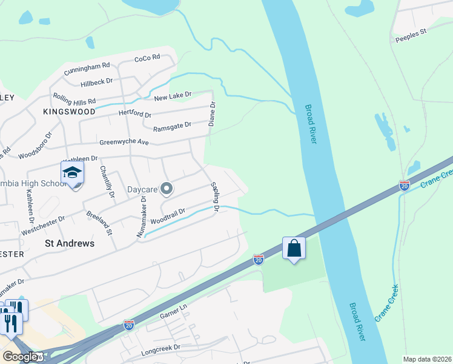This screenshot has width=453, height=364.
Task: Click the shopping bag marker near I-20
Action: click(x=294, y=248)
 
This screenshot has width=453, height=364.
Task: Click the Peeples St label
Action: click(x=411, y=39)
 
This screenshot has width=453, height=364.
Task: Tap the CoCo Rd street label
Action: click(x=147, y=58)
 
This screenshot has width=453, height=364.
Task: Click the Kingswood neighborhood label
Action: click(x=69, y=112)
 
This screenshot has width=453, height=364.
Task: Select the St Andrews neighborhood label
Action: click(x=70, y=243)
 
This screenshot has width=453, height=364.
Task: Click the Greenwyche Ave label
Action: click(x=125, y=142)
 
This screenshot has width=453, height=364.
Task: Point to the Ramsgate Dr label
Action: click(x=172, y=124)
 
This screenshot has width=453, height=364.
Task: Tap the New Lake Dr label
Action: click(x=173, y=96)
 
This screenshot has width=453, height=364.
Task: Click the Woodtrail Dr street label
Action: click(x=167, y=215)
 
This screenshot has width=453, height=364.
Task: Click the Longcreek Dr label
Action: click(x=160, y=348)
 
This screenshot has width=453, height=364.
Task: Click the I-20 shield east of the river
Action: click(x=404, y=184)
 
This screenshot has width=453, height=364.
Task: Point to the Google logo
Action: click(x=19, y=357)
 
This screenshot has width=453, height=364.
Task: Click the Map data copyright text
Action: click(x=427, y=359)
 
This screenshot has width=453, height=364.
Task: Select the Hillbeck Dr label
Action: click(x=97, y=81)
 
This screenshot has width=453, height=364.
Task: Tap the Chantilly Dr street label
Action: click(x=107, y=182)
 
